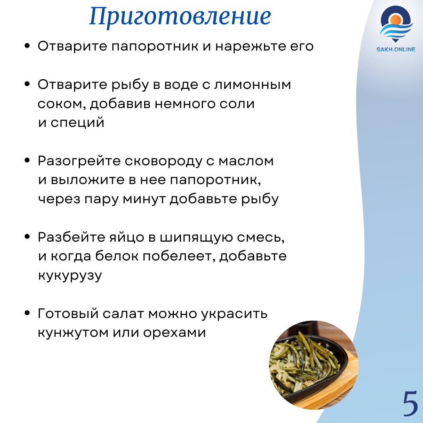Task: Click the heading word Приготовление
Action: click(x=180, y=16)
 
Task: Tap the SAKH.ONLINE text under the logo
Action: click(x=396, y=49)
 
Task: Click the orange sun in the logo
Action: click(x=396, y=20)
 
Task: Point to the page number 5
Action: click(x=410, y=403)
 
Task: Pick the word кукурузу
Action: click(x=70, y=276)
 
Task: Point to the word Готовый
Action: click(x=68, y=314)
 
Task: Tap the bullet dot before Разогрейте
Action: click(x=27, y=161)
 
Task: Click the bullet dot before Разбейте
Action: click(x=27, y=237)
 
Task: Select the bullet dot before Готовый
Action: click(x=27, y=313)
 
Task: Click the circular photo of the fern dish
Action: click(x=313, y=365)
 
